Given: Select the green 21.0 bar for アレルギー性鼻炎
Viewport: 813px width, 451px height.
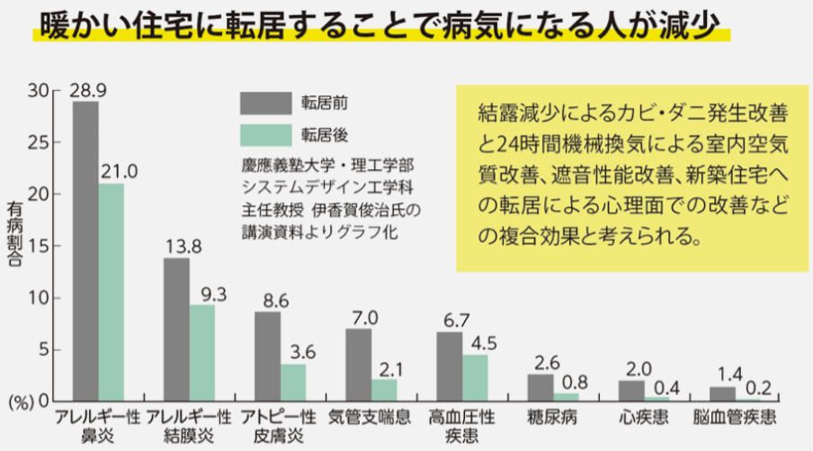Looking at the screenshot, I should point(112,292).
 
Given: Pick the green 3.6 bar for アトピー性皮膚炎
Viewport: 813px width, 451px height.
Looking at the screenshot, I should point(293,382).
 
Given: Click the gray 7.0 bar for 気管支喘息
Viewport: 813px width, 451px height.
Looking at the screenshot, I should point(359,365).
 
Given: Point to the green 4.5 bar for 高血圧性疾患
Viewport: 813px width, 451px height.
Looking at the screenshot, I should point(476,377).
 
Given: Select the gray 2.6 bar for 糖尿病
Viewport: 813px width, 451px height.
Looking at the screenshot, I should point(541,387).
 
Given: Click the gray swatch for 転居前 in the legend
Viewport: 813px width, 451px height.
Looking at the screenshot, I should point(264,103).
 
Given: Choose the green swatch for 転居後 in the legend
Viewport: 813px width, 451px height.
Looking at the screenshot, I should point(264,135).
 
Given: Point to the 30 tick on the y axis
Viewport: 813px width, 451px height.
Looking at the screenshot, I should point(38,90).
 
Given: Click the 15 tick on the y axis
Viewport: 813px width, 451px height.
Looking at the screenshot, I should point(38,246).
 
